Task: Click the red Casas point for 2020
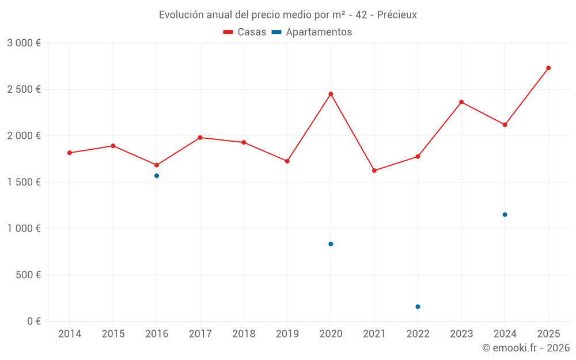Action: (331, 94)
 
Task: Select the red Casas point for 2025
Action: (548, 68)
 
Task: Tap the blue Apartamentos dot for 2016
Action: (157, 176)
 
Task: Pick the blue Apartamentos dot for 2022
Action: (418, 306)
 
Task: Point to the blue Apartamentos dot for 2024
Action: (505, 214)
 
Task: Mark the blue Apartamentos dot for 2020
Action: (331, 244)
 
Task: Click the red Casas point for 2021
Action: (374, 170)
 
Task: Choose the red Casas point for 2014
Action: (70, 153)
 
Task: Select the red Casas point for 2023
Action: (461, 102)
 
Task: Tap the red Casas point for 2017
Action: (200, 138)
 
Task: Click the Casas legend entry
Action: (245, 32)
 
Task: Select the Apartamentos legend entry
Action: (312, 32)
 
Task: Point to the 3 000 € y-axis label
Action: (24, 43)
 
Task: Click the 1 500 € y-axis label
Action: (24, 182)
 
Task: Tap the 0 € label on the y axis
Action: (33, 321)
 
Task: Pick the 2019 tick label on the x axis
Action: (287, 334)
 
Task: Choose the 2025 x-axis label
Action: (548, 334)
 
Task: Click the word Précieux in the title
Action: (397, 15)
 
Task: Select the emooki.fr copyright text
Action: (526, 348)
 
